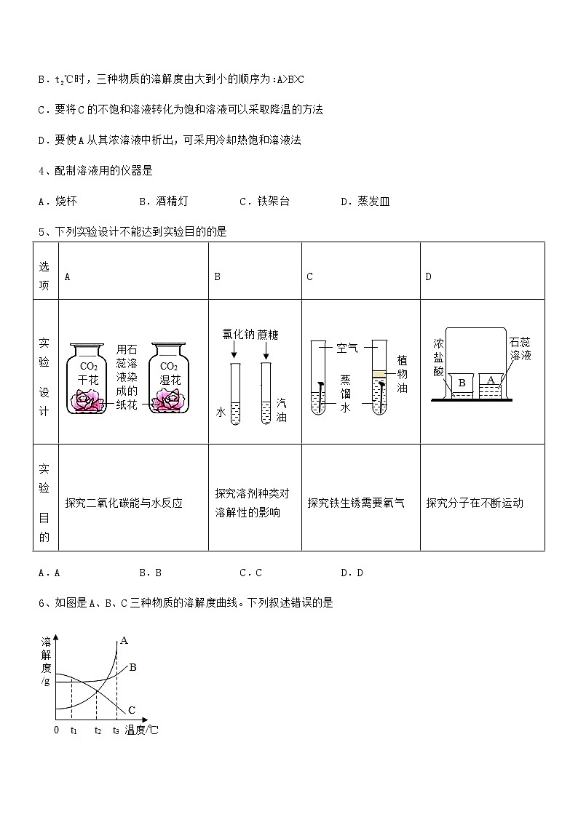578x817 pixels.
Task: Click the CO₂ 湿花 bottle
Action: click(x=169, y=379)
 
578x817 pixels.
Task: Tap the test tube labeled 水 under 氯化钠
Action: click(x=235, y=394)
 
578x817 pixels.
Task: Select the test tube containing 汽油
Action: click(x=266, y=394)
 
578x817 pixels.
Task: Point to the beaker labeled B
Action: click(x=462, y=386)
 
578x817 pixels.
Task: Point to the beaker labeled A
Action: click(x=491, y=386)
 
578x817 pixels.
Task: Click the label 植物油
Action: click(x=402, y=374)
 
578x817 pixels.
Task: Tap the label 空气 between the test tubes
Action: click(x=347, y=348)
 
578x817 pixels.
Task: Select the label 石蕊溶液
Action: click(x=520, y=349)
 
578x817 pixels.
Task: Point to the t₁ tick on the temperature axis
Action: click(x=74, y=730)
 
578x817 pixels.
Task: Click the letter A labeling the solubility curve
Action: click(x=124, y=640)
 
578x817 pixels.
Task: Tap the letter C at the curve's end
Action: click(x=131, y=709)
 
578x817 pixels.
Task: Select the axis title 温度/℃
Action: click(x=141, y=730)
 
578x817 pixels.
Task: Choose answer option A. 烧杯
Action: click(x=58, y=201)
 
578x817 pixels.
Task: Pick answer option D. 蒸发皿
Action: click(x=365, y=201)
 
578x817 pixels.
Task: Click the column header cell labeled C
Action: click(x=360, y=271)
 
